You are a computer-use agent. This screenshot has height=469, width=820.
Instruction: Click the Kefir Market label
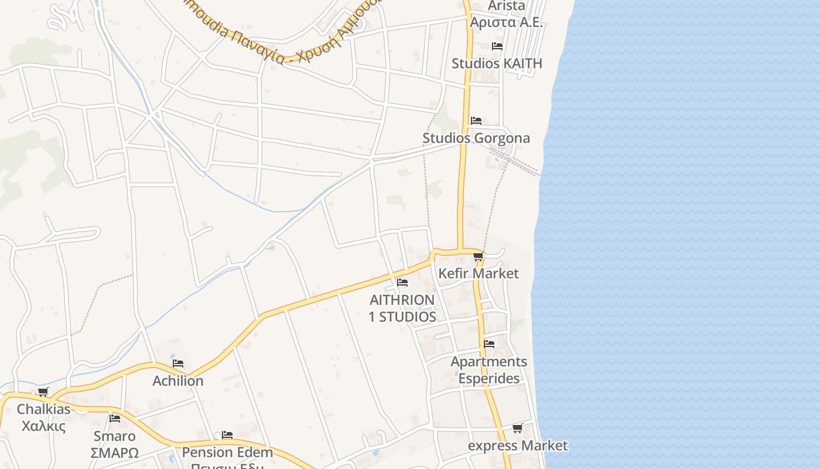coord(479,273)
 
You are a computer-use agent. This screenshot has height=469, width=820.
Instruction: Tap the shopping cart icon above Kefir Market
coord(479,257)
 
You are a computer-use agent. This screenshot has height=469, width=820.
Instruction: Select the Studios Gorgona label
coord(476,138)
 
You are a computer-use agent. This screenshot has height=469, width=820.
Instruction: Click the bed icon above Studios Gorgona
coord(476,121)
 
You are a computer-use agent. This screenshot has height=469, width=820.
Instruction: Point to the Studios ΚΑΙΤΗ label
coord(497,63)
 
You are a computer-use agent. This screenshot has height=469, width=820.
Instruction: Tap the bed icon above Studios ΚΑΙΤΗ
coord(497,46)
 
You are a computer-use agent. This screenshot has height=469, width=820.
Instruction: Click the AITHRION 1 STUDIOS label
coord(402,308)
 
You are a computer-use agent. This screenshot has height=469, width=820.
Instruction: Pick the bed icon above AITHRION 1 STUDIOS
coord(402,283)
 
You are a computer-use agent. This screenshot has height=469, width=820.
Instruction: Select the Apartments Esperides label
coord(489,370)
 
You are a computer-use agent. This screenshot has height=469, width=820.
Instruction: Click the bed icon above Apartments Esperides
coord(489,344)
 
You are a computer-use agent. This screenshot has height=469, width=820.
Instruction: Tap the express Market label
coord(518,446)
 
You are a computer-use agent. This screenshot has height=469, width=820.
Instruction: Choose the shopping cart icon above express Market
coord(517,429)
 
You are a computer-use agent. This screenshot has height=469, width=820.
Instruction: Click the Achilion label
coord(178,380)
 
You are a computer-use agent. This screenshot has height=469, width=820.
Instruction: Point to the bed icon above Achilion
coord(178,364)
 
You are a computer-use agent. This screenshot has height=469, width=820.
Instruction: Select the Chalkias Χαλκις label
coord(43,417)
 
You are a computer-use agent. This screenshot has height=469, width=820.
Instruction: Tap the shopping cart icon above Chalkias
coord(43,392)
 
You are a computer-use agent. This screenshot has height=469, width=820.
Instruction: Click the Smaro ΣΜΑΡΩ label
coord(115,444)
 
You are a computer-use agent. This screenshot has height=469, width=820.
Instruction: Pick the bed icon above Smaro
coord(115,419)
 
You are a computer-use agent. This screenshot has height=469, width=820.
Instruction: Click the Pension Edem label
coord(227,452)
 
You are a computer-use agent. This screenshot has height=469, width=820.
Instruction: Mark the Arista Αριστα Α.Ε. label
coord(507,14)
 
